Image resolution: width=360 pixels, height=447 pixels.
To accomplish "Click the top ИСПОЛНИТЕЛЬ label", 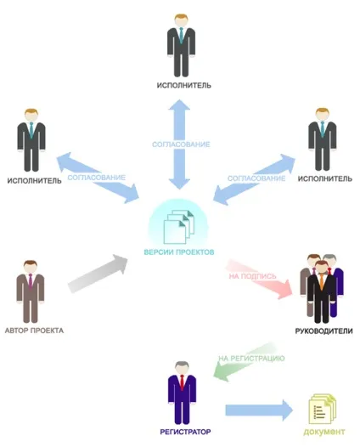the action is tap(184, 85).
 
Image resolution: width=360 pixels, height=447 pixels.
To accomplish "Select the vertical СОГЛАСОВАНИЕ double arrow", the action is tap(179, 144).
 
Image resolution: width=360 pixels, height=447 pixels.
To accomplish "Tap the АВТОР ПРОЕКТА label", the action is tap(34, 331).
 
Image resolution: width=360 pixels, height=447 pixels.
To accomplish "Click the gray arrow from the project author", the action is tap(98, 274).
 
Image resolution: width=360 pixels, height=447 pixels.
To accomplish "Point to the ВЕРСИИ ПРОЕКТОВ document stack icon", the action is tap(178, 227).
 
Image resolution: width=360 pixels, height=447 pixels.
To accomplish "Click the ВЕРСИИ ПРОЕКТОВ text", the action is tap(179, 252).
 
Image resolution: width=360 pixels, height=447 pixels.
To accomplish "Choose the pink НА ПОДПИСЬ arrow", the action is tap(259, 280).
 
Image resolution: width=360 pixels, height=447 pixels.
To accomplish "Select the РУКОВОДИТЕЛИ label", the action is tap(323, 331).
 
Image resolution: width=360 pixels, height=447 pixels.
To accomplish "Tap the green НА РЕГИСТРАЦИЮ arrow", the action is tap(245, 362).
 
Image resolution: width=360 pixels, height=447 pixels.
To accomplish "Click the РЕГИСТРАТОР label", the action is tap(185, 432).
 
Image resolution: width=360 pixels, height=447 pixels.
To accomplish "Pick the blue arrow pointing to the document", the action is tap(259, 410).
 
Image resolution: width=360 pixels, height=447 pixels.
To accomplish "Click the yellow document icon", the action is tap(323, 409).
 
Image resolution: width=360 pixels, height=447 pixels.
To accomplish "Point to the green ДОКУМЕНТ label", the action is tap(324, 432).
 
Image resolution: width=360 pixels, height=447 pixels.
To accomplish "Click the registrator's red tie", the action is tap(182, 382).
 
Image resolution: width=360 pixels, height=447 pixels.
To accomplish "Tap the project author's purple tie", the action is tap(31, 280).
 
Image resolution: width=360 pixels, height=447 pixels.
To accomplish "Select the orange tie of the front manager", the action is tap(322, 281).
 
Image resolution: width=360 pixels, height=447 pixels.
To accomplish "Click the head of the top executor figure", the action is tap(181, 20).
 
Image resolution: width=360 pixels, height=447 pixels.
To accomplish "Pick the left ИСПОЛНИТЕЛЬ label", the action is tap(34, 181).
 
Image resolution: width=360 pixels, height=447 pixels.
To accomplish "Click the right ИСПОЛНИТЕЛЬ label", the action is tap(325, 178).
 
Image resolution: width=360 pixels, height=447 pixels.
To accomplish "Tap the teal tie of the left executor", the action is tap(31, 129).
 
